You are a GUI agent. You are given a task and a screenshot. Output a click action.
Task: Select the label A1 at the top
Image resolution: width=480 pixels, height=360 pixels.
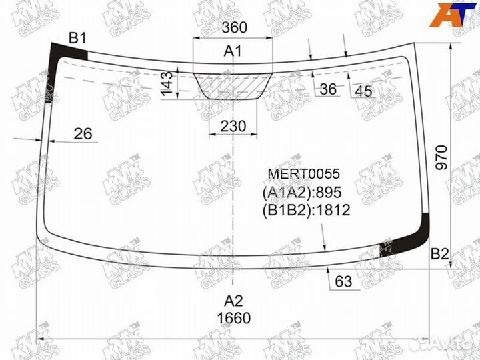tap(233, 51)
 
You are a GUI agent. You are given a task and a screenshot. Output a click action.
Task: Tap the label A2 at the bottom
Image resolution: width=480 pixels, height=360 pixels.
tap(233, 300)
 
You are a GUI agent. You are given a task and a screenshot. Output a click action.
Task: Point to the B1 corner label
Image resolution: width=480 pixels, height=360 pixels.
tap(78, 38)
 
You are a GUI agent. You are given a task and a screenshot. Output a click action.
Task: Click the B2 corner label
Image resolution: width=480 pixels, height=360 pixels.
tap(440, 253)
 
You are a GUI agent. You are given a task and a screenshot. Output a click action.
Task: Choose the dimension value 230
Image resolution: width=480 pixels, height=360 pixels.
tap(233, 126)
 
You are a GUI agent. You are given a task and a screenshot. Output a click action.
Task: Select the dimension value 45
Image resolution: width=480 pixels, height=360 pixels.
tap(363, 91)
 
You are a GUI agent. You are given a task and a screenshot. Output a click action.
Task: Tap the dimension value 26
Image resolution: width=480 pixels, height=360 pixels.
tap(83, 134)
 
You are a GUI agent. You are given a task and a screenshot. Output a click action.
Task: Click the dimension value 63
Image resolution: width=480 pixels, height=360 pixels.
tap(343, 282)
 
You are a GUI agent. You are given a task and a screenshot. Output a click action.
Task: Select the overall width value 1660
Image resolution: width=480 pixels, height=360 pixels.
tap(233, 319)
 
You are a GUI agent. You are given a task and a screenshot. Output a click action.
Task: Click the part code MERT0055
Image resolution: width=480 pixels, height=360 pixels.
tap(303, 174)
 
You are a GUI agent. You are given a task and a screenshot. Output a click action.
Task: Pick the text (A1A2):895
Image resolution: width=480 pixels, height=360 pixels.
tap(302, 193)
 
